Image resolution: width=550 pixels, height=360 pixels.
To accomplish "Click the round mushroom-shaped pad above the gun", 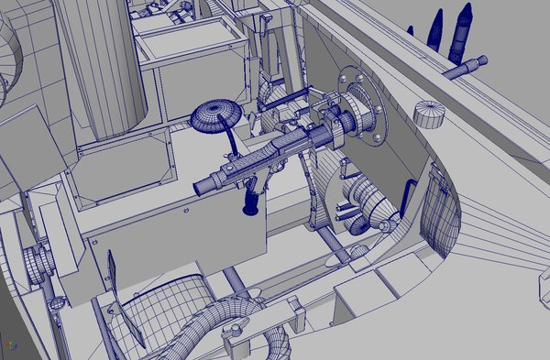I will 215,115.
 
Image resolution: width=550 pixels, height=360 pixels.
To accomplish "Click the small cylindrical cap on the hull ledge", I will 428,115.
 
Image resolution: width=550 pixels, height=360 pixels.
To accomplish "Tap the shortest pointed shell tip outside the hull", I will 412,31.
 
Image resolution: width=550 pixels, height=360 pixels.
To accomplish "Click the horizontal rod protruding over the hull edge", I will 466,67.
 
